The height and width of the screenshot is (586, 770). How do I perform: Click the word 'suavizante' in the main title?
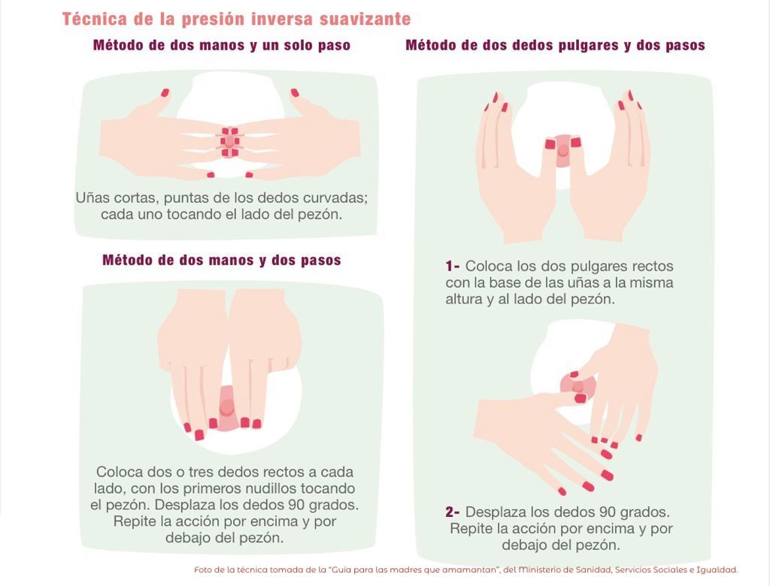coord(365,19)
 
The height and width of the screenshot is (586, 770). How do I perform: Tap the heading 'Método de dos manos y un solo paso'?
coord(222,45)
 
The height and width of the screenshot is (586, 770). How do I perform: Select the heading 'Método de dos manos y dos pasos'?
coord(222,260)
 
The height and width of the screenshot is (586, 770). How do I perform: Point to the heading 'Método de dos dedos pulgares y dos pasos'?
coord(555,45)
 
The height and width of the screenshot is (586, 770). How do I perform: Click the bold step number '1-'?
coord(452,266)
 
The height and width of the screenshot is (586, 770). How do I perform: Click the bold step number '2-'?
coord(452,512)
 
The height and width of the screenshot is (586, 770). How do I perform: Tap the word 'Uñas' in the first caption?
coord(92,198)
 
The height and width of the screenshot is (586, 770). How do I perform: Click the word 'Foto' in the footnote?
coord(202,569)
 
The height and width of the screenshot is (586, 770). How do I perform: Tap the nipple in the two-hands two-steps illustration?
coord(227,407)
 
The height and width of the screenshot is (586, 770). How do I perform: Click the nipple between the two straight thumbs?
coord(562,150)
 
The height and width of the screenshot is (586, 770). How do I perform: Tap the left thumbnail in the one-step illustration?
coord(165,92)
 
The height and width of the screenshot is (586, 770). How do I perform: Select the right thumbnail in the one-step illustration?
coord(295,92)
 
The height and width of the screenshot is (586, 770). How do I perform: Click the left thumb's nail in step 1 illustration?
coord(550,143)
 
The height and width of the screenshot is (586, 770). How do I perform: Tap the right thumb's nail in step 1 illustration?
coord(575,142)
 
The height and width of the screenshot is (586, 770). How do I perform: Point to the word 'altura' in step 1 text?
coord(463,299)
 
